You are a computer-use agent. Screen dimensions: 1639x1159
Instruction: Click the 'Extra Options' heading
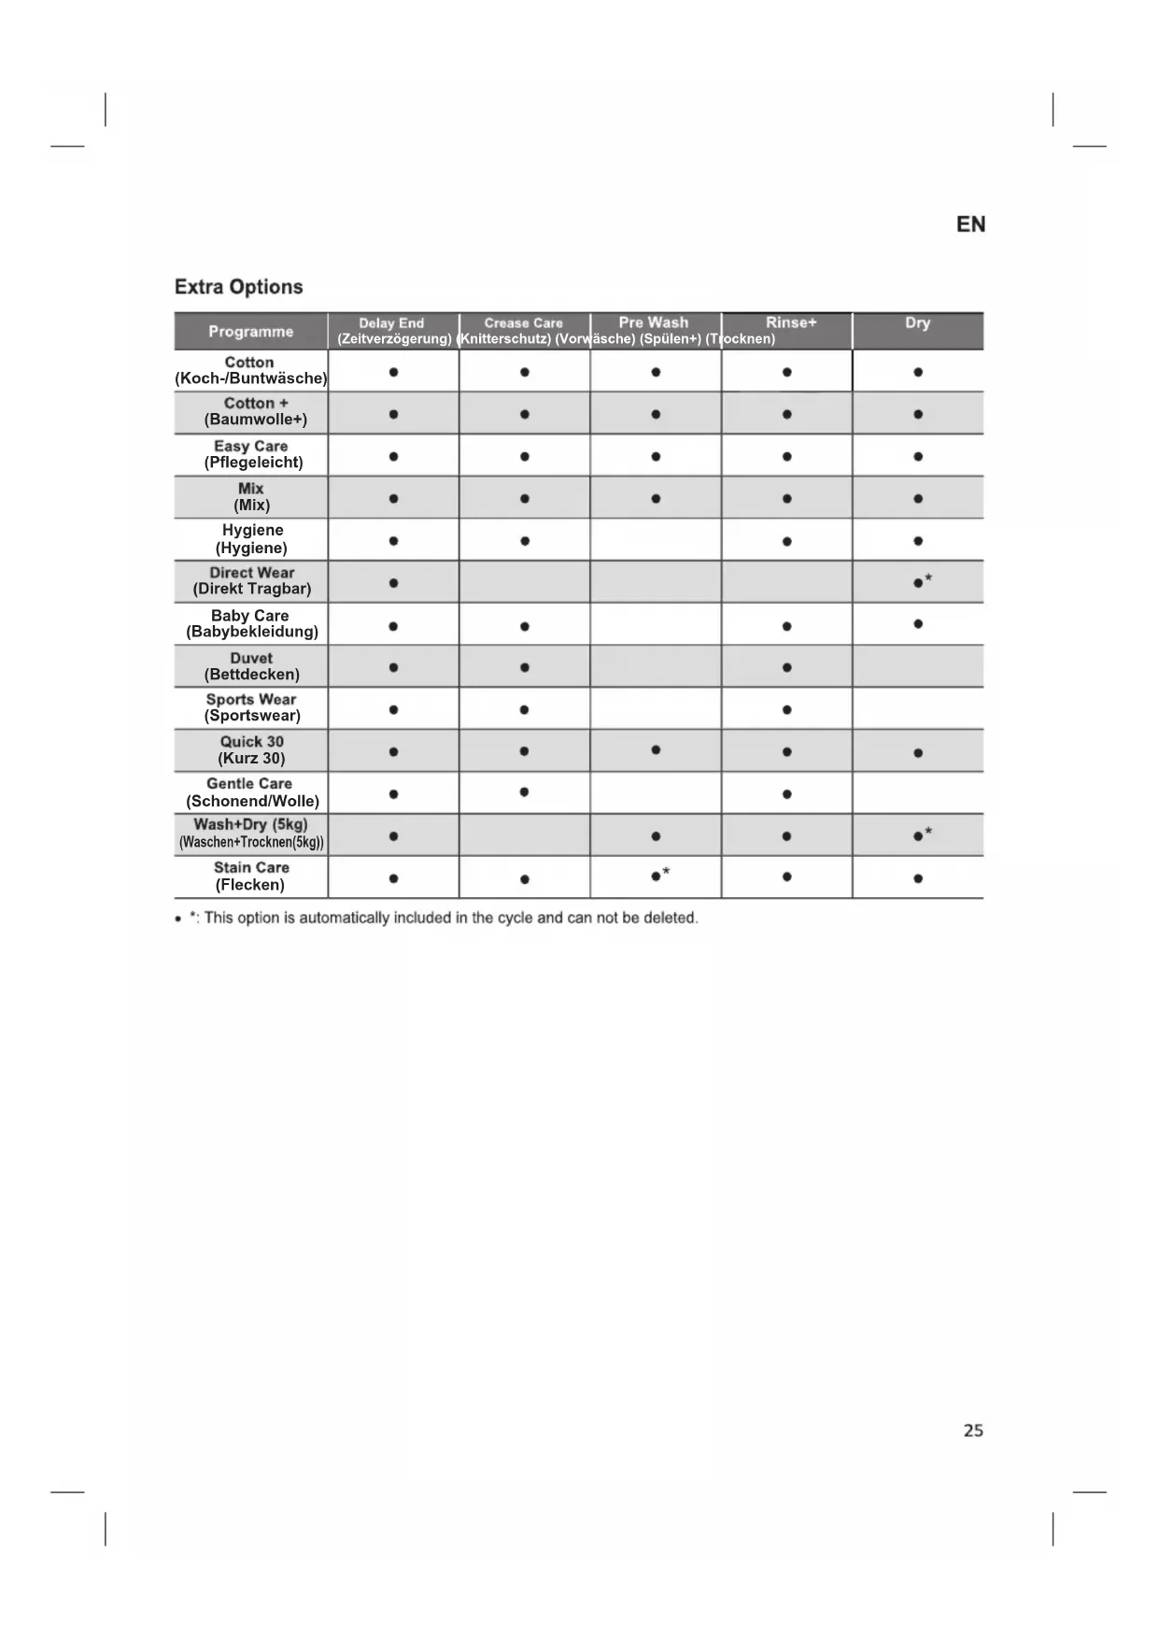coord(238,287)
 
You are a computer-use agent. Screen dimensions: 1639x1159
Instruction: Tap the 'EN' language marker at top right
coord(970,224)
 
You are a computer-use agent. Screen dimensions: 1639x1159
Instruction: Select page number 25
coord(973,1431)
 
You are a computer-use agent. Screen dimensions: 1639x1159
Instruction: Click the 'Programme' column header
coord(250,332)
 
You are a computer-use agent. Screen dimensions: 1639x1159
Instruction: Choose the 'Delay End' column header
coord(391,323)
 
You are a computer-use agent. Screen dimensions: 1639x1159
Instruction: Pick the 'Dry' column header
coord(917,322)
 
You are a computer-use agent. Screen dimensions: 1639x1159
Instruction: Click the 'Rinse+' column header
coord(791,322)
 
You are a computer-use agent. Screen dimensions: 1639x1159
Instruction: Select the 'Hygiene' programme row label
coord(252,539)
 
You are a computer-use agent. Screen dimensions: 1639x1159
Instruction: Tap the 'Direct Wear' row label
coord(251,580)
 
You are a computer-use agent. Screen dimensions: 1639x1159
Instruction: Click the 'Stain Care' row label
coord(251,876)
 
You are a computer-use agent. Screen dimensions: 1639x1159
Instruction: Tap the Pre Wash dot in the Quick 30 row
coord(656,749)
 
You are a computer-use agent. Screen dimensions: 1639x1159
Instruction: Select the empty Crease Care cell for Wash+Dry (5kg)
coord(524,834)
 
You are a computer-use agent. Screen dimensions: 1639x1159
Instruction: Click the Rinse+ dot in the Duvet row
coord(787,667)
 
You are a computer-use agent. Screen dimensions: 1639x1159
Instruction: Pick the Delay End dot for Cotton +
coord(393,414)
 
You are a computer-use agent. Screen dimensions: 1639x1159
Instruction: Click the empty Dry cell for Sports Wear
coord(917,708)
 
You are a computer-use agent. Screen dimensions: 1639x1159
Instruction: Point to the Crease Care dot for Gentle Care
coord(524,792)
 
